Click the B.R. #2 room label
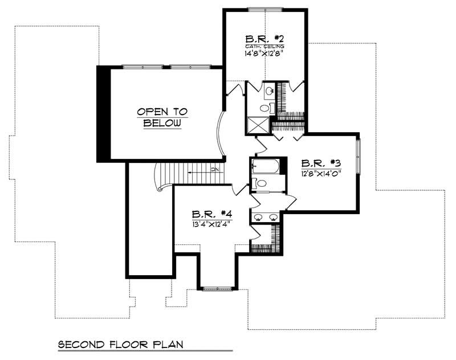point(265,39)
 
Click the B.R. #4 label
point(211,215)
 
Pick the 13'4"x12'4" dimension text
point(211,224)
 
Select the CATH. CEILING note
point(265,46)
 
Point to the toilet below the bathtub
point(261,183)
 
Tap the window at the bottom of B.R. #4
point(217,289)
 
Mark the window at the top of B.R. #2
point(264,9)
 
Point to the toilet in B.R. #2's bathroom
point(266,108)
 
